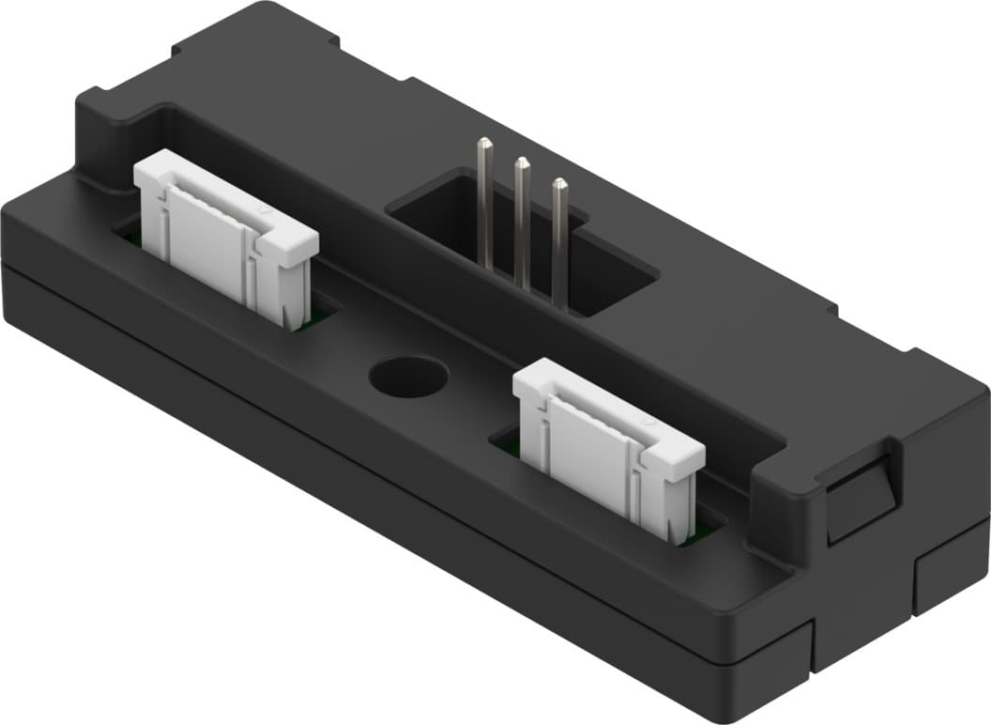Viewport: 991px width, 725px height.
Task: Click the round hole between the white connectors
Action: [x=408, y=377]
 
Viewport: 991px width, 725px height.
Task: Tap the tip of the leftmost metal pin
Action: [x=483, y=145]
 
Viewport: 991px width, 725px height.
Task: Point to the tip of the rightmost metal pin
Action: [x=559, y=184]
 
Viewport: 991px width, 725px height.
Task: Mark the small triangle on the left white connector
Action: [x=269, y=215]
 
